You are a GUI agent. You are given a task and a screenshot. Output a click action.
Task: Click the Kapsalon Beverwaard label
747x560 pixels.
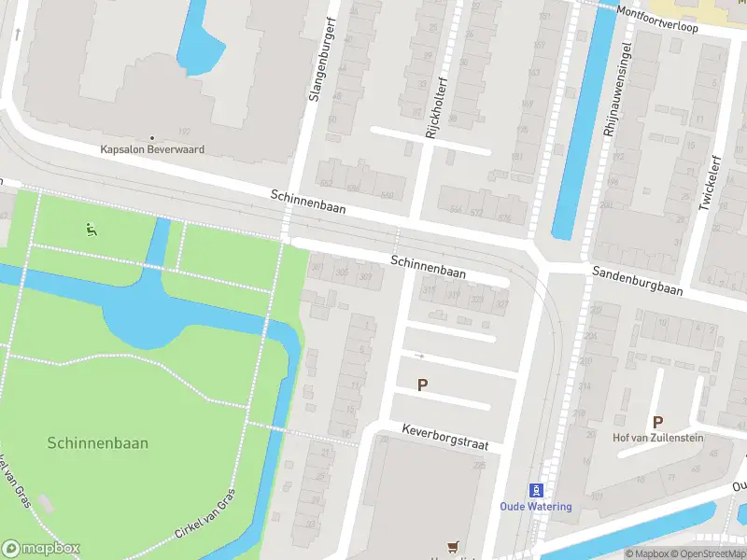[x=152, y=149]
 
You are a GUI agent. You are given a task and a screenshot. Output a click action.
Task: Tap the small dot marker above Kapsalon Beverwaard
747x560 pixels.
[x=152, y=136]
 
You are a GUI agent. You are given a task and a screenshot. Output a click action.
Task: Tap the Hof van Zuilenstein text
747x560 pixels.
[x=657, y=438]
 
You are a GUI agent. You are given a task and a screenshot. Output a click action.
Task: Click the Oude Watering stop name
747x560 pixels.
[x=536, y=507]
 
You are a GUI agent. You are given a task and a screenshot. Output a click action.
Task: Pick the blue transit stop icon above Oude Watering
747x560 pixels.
[x=537, y=490]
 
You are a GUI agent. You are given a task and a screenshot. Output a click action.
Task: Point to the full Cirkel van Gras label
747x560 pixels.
[x=204, y=516]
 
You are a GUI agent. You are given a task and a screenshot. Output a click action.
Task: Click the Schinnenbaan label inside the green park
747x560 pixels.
[x=97, y=444]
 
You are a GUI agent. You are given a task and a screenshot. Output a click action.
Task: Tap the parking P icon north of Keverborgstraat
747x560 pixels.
[x=422, y=385]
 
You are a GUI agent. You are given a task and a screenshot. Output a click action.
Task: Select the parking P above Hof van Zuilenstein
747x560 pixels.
[x=657, y=422]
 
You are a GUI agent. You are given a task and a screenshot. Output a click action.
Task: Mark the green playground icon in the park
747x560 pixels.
[x=91, y=230]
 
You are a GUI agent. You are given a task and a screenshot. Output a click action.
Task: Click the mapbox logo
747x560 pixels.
[x=40, y=549]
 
